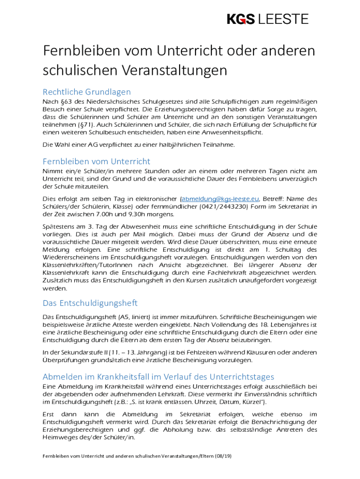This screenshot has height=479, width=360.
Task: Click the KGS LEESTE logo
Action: [268, 19]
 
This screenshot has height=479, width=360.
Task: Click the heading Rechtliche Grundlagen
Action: [86, 92]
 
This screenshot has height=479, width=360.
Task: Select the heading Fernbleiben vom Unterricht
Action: [96, 161]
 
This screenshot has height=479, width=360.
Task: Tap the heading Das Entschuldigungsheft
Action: [90, 303]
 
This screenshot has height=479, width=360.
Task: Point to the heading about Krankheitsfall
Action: [158, 377]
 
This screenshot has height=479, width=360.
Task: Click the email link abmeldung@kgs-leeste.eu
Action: [220, 198]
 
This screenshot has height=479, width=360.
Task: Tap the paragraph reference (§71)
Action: [82, 125]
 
